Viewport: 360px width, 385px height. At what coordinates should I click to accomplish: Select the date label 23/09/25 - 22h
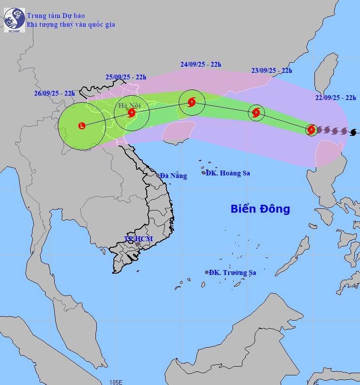click(x=272, y=70)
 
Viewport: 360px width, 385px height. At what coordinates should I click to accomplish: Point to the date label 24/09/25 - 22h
click(x=201, y=64)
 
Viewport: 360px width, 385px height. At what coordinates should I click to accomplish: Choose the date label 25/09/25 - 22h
click(x=126, y=77)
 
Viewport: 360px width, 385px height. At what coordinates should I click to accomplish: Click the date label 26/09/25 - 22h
click(x=54, y=93)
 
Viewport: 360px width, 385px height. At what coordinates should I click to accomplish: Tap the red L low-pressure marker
click(x=81, y=126)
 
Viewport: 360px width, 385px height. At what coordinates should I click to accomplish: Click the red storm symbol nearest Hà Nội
click(x=131, y=113)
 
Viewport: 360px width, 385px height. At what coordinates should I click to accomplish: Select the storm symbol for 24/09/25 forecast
click(x=191, y=103)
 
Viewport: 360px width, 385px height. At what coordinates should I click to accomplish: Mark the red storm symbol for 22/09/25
click(x=311, y=129)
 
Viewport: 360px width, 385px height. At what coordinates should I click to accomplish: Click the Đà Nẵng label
click(x=173, y=176)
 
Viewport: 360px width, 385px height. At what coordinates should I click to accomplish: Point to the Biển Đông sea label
click(x=260, y=209)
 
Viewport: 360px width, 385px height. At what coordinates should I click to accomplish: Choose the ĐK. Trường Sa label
click(x=233, y=273)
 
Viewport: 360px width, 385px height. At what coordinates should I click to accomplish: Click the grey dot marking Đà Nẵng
click(x=158, y=175)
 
